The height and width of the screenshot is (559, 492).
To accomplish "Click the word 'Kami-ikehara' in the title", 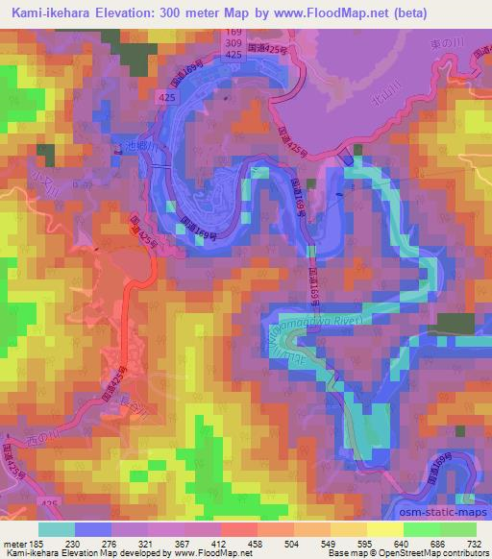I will pos(61,12).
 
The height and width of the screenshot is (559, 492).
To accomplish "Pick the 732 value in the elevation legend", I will pos(473,544).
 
